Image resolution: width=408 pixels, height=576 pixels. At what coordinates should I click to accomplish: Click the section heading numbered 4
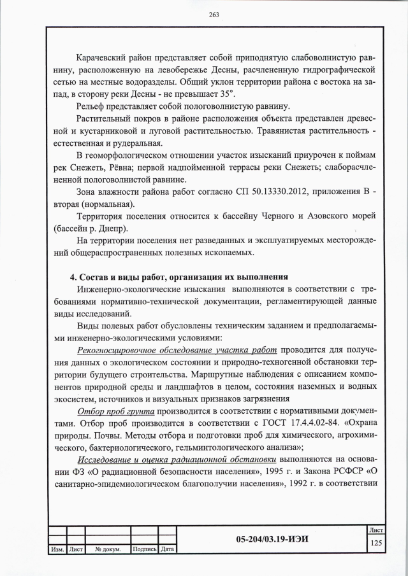tap(179, 277)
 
